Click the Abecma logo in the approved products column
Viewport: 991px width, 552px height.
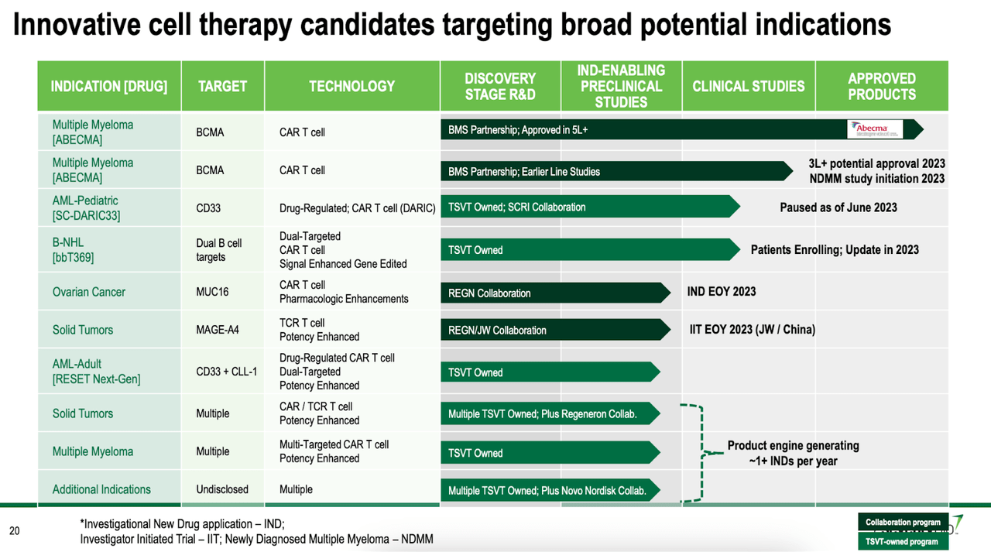[x=876, y=129]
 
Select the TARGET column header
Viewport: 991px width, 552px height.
[x=222, y=86]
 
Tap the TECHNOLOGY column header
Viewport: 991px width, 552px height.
[x=351, y=86]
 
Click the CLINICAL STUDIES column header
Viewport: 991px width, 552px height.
[x=748, y=86]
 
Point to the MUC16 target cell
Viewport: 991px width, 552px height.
[x=212, y=292]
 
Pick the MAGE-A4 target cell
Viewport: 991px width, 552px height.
[x=218, y=330]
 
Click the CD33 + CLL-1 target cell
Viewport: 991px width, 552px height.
[x=226, y=372]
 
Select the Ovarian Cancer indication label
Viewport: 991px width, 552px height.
[x=88, y=292]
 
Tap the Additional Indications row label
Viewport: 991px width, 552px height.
[x=101, y=489]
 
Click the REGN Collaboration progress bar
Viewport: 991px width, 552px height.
[x=554, y=293]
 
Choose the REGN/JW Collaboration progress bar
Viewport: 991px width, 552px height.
[x=554, y=330]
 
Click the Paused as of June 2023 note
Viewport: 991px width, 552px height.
[x=838, y=207]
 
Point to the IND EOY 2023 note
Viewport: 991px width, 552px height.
[x=721, y=292]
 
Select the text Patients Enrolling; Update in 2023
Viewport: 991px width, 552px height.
[x=835, y=250]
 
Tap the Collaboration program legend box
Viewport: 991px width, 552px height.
[x=903, y=523]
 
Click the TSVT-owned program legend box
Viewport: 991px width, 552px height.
[x=903, y=541]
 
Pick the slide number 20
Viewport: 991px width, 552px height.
[x=14, y=531]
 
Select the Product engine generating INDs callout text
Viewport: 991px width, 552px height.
[x=793, y=453]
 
